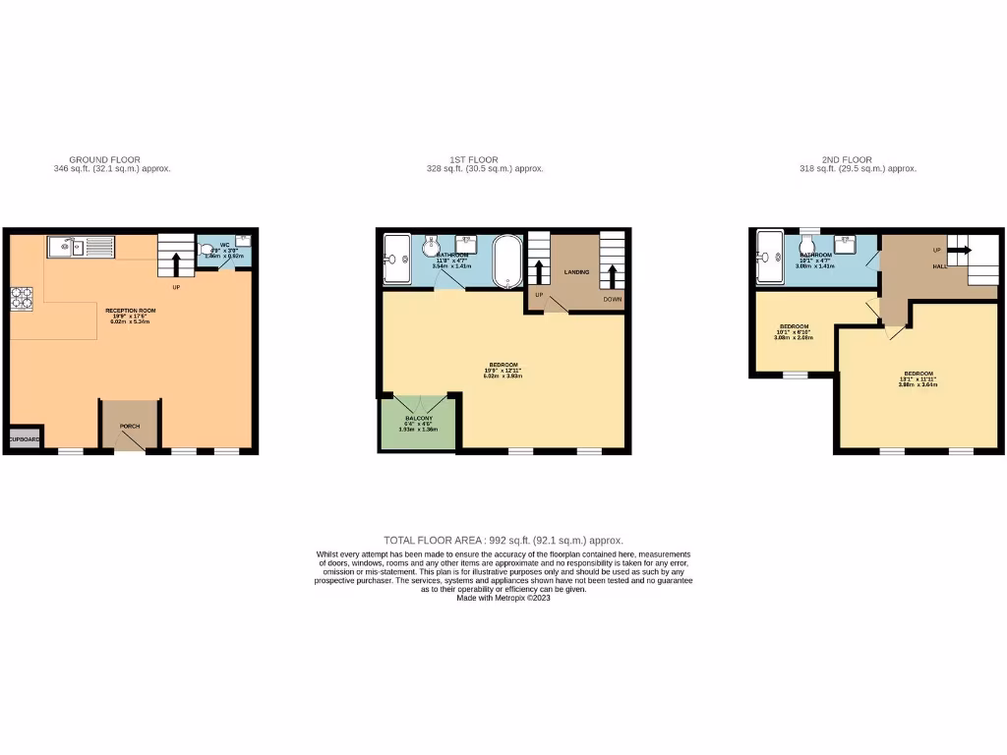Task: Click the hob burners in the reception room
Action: (x=21, y=296)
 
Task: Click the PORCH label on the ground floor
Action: (x=130, y=426)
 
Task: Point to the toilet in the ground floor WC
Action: (x=207, y=250)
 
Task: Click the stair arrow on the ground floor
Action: (x=177, y=263)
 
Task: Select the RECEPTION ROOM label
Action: (x=131, y=310)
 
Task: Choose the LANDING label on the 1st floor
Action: (x=576, y=271)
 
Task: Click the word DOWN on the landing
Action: (x=613, y=298)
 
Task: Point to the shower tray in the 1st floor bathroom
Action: (x=396, y=260)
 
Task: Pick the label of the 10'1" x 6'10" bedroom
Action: (x=794, y=326)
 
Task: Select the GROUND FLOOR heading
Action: (x=104, y=159)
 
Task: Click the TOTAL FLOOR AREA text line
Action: (x=503, y=540)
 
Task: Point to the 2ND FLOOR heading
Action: (x=847, y=159)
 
